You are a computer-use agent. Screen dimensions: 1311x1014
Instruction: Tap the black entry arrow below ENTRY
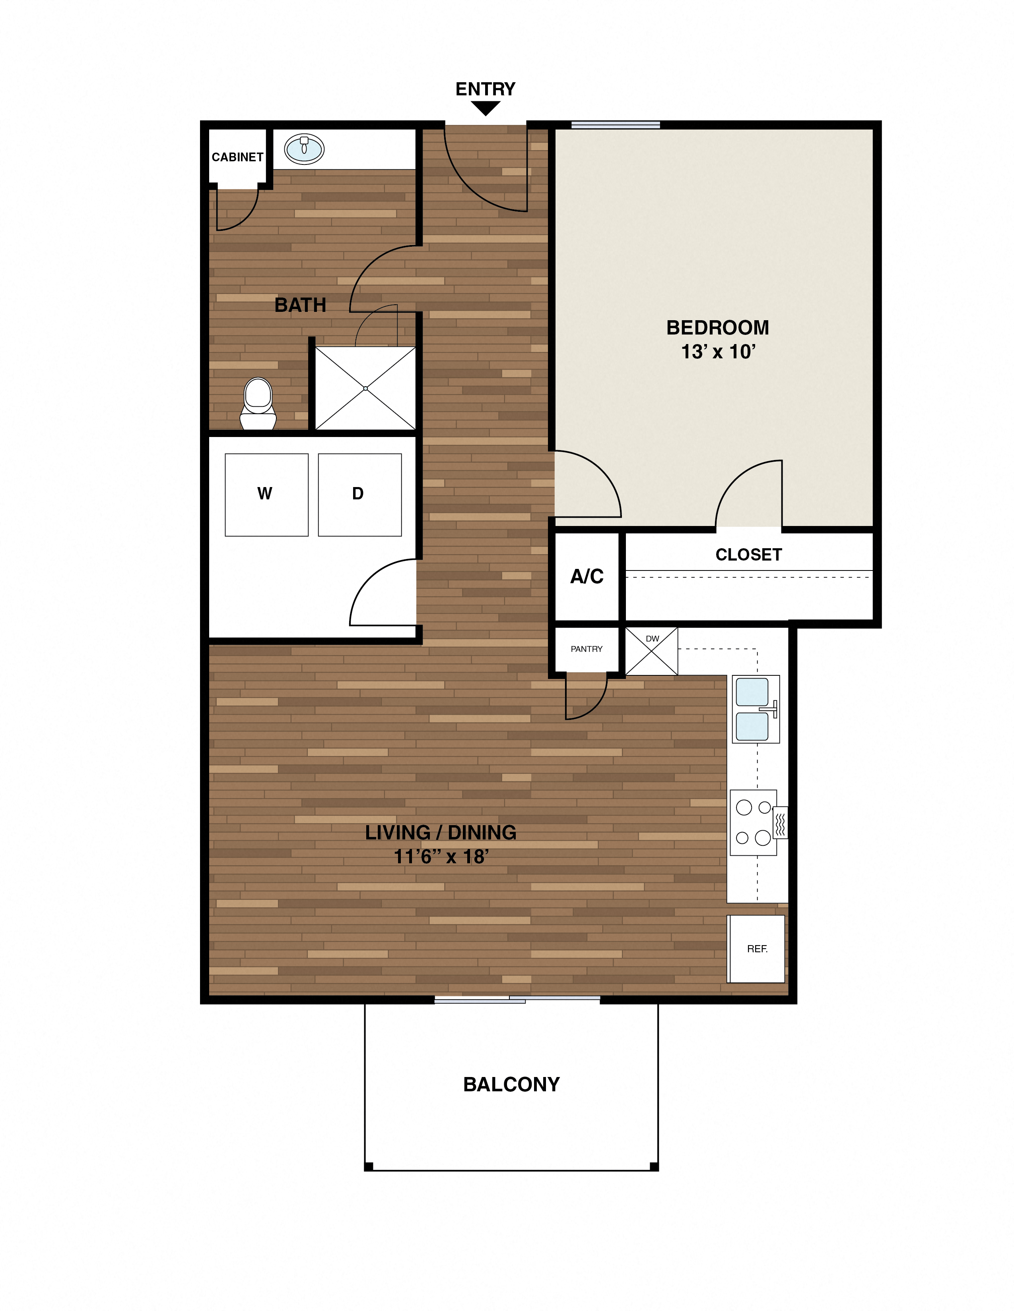click(x=486, y=108)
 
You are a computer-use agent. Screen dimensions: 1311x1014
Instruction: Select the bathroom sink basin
click(x=304, y=149)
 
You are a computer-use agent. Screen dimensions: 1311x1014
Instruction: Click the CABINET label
click(x=237, y=157)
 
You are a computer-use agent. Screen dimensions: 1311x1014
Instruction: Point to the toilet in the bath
click(x=258, y=403)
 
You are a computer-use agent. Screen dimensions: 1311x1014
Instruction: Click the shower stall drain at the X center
click(x=365, y=389)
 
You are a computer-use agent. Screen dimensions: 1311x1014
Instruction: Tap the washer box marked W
click(x=266, y=495)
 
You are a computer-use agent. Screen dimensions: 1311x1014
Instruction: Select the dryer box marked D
click(x=359, y=495)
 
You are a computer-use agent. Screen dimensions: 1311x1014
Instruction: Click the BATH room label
click(x=300, y=305)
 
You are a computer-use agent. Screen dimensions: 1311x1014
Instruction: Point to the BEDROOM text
click(x=717, y=328)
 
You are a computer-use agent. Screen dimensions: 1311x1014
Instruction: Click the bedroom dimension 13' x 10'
click(x=718, y=352)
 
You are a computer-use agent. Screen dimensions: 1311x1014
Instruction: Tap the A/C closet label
click(x=586, y=576)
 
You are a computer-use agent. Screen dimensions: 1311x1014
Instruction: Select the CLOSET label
click(x=748, y=555)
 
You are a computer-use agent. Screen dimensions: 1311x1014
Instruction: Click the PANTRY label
click(x=586, y=649)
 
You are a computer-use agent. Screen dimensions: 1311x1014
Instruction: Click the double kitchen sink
click(x=754, y=709)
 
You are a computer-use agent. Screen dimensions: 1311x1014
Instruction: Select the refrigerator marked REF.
click(x=756, y=949)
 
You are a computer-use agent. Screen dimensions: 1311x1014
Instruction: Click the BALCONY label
click(x=511, y=1085)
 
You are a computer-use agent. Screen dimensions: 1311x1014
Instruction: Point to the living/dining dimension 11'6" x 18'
click(x=441, y=857)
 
